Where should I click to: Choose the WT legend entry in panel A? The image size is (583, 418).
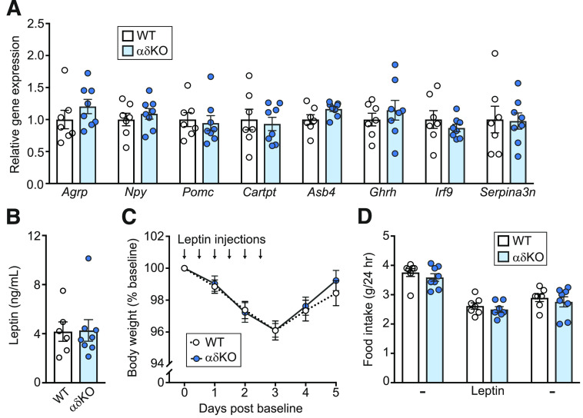coord(144,35)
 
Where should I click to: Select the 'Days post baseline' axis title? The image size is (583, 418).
coord(260,407)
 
